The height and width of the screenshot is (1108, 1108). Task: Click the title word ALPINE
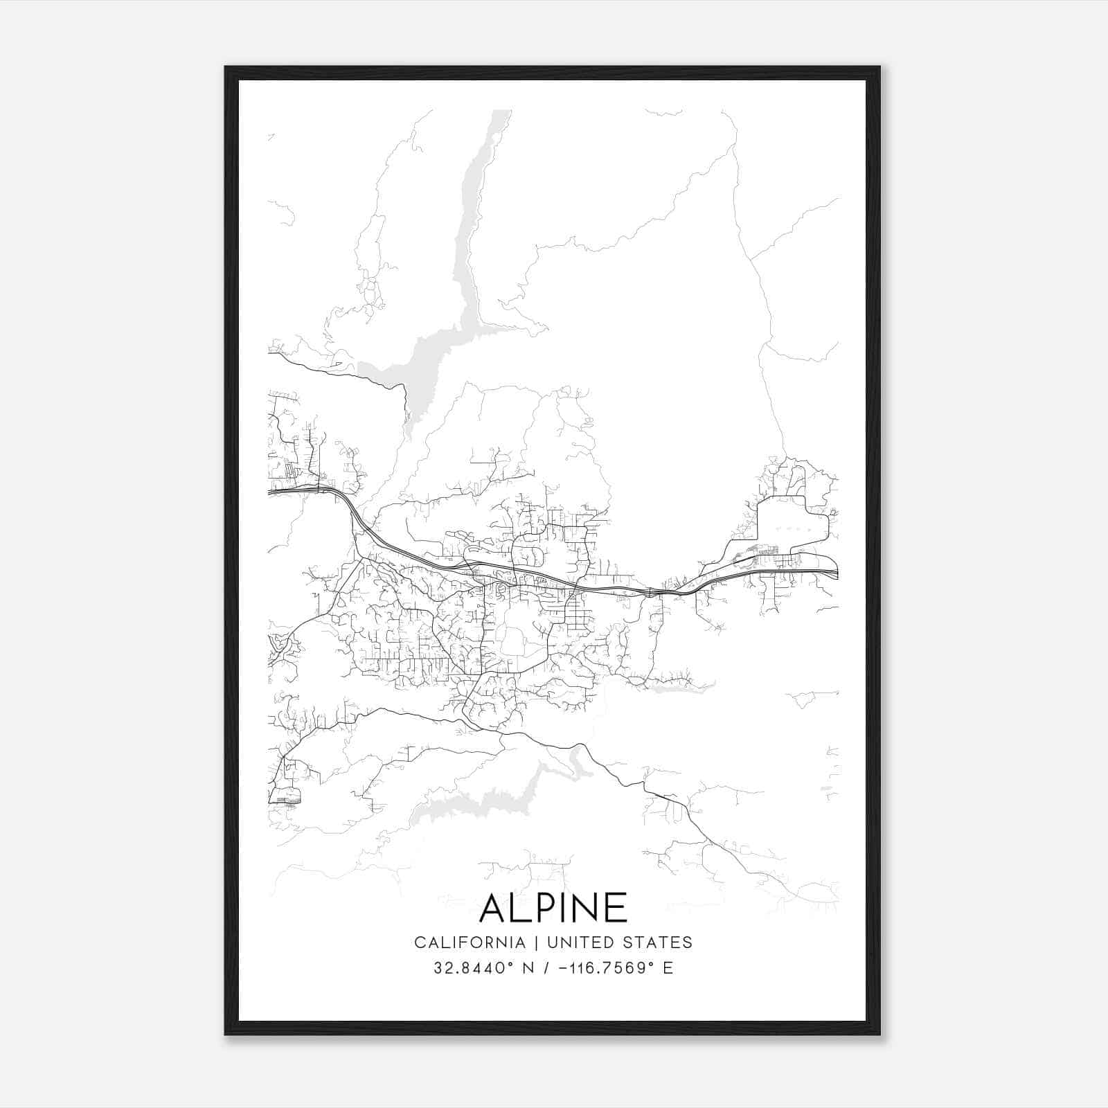[553, 908]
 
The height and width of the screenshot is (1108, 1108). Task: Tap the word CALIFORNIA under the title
[469, 942]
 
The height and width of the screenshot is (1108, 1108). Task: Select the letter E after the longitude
[668, 968]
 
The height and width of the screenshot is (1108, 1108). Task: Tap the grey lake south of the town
[485, 803]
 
